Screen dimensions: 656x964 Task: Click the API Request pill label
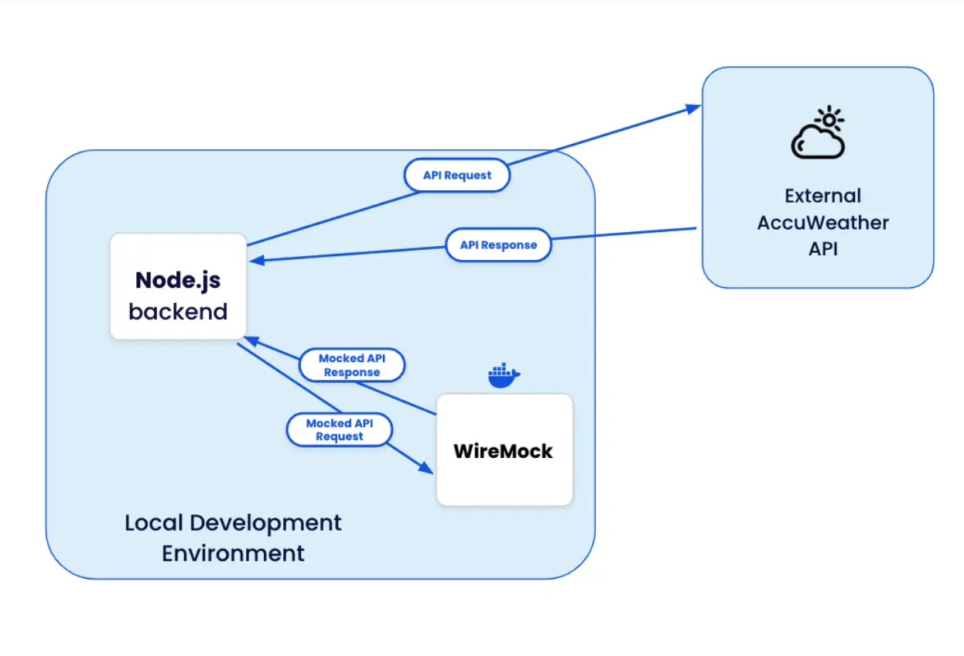(457, 176)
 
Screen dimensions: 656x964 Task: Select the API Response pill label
(498, 245)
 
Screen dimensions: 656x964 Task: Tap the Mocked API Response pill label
(351, 365)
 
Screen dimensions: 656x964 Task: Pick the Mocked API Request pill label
(340, 429)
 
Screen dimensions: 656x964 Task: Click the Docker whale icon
(503, 375)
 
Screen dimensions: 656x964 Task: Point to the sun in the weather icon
(830, 120)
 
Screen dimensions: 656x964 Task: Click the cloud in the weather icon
(815, 143)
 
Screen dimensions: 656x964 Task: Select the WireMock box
(504, 450)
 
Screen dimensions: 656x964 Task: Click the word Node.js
(178, 280)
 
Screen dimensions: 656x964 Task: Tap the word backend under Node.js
(178, 312)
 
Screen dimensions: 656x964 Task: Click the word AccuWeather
(822, 223)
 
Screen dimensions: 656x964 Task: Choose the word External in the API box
(822, 196)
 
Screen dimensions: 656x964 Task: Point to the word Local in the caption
(153, 523)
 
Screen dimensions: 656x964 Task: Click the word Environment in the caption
(233, 554)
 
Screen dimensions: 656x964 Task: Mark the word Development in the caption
(266, 523)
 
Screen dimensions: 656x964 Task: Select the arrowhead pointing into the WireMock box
(426, 469)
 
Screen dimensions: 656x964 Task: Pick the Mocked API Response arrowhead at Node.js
(250, 340)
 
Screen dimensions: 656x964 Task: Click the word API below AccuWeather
(822, 249)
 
